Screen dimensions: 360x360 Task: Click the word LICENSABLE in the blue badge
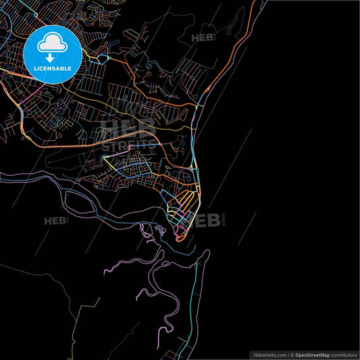click(x=52, y=68)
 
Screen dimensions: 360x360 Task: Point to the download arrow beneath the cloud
click(x=52, y=57)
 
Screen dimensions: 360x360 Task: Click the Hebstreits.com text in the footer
click(x=269, y=354)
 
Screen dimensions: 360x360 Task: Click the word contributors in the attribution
click(x=344, y=354)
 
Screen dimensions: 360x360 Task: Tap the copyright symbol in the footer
click(x=292, y=354)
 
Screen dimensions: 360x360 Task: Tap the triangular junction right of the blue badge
click(x=102, y=59)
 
